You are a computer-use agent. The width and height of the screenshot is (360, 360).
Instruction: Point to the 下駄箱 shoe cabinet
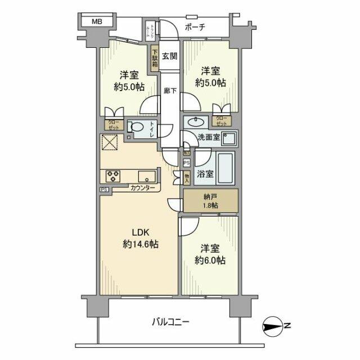tap(154, 58)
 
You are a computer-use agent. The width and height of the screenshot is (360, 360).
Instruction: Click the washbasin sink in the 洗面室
tap(196, 121)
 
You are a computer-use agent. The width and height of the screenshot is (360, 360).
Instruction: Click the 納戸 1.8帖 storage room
tap(209, 201)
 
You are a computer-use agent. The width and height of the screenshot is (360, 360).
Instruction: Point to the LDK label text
tap(140, 233)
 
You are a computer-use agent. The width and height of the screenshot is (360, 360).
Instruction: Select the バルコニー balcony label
tap(170, 322)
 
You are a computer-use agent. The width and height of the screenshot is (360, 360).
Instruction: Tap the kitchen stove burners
tap(111, 175)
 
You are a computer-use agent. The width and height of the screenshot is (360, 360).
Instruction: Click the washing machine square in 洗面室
tap(228, 137)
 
